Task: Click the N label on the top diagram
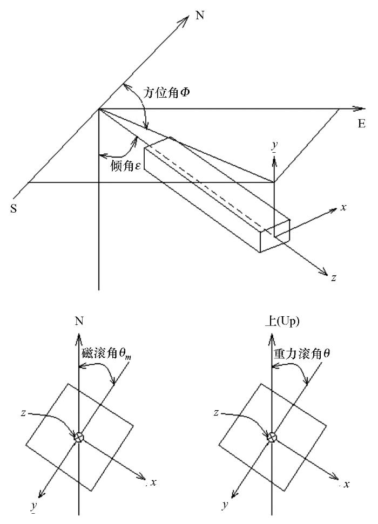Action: click(x=200, y=15)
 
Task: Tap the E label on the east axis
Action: click(x=361, y=124)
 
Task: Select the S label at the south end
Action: click(x=13, y=208)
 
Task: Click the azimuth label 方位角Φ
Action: click(x=166, y=93)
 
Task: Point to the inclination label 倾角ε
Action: click(x=126, y=166)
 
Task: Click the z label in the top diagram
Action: click(x=333, y=277)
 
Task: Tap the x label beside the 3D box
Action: click(x=343, y=208)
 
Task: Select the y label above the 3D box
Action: click(x=274, y=146)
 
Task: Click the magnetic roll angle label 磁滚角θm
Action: click(x=106, y=354)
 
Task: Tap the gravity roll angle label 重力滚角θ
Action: click(x=302, y=353)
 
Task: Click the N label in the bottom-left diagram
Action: click(x=79, y=321)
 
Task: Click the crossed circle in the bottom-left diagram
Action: click(x=79, y=437)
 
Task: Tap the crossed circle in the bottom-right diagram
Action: click(x=272, y=437)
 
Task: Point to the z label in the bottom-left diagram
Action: click(x=23, y=413)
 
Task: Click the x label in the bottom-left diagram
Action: click(x=153, y=482)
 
